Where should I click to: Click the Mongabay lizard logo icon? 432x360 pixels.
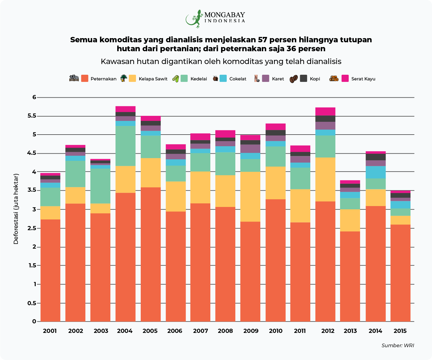194,19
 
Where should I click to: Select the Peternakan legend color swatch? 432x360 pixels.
84,78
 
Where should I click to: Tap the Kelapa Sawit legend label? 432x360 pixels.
153,79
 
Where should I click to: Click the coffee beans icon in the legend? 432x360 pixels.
293,79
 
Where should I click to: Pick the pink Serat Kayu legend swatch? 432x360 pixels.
345,78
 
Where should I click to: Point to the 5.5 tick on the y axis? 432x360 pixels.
32,116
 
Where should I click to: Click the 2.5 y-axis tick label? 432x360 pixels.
32,228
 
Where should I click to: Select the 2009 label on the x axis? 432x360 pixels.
251,331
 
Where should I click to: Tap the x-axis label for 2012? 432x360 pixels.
328,331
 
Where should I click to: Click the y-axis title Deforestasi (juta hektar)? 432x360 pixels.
16,209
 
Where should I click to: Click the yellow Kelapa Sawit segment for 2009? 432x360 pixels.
250,197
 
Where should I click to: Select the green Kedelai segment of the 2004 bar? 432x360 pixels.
125,146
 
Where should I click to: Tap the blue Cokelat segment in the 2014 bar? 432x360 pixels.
375,172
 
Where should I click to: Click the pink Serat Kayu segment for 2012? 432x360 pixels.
325,111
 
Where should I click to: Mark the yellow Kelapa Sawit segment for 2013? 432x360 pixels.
350,220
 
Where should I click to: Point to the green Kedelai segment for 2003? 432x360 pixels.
100,186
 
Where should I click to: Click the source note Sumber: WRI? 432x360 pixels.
397,345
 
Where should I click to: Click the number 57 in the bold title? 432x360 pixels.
263,40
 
